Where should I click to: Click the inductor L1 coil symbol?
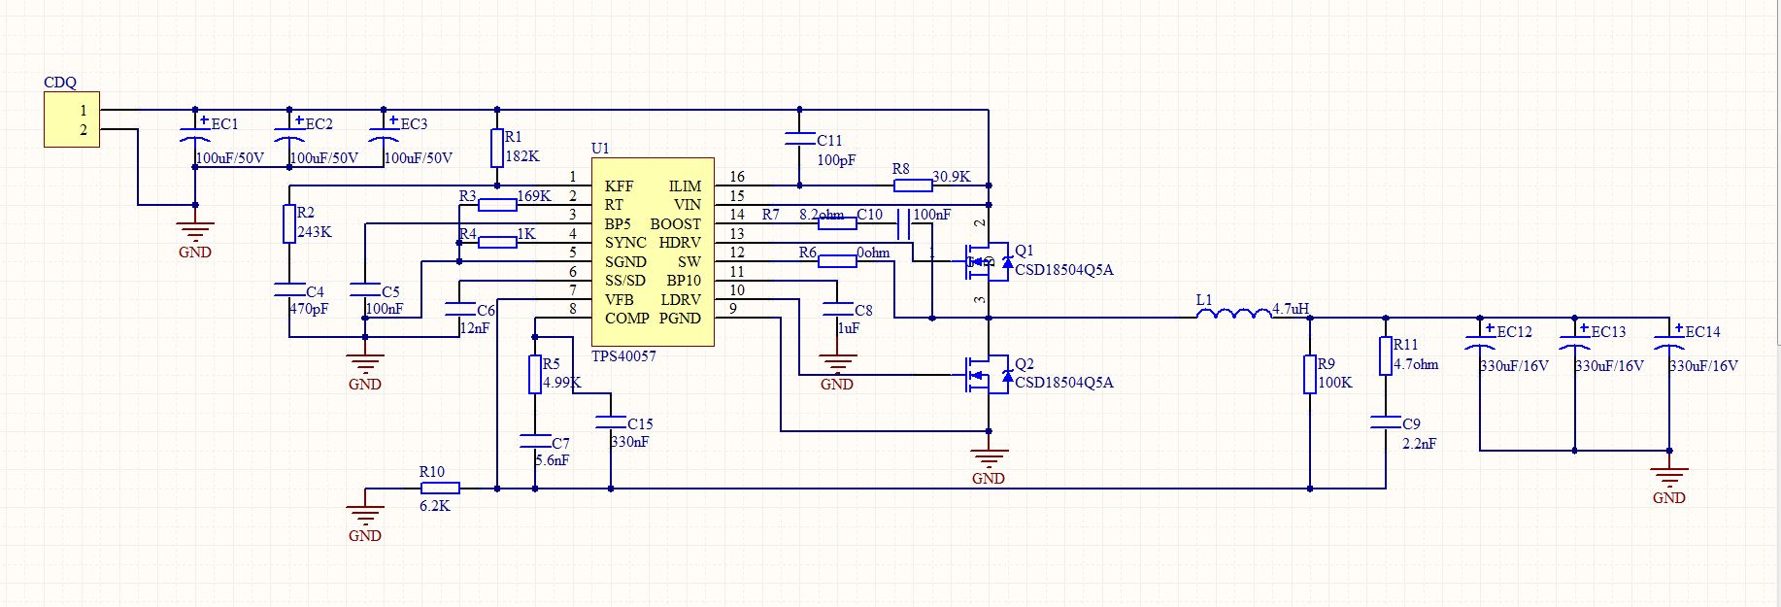[1233, 313]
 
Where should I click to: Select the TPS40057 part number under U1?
[623, 356]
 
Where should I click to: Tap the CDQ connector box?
[72, 120]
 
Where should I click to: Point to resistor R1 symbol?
[497, 148]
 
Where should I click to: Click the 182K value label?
[522, 156]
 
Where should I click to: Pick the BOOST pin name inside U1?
[675, 223]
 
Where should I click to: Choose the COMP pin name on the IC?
[626, 319]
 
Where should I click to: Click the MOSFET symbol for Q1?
[983, 260]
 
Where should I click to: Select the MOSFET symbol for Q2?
[983, 375]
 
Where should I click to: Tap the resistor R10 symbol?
[440, 488]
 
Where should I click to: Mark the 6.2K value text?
[434, 506]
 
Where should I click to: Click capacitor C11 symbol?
[799, 140]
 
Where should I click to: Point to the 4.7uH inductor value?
[1291, 309]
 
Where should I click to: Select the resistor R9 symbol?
[1310, 375]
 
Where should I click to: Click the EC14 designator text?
[1702, 332]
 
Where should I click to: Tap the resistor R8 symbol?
[913, 185]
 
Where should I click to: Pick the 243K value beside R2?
[315, 232]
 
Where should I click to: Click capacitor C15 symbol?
[611, 422]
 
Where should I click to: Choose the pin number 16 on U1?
[737, 177]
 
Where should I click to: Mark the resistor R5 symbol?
[535, 375]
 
